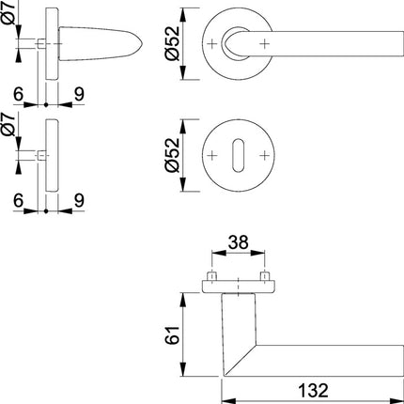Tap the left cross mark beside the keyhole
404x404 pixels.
click(215, 152)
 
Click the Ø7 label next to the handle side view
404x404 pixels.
click(10, 18)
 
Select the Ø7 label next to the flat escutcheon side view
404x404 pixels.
click(10, 128)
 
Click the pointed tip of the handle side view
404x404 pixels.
click(140, 43)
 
